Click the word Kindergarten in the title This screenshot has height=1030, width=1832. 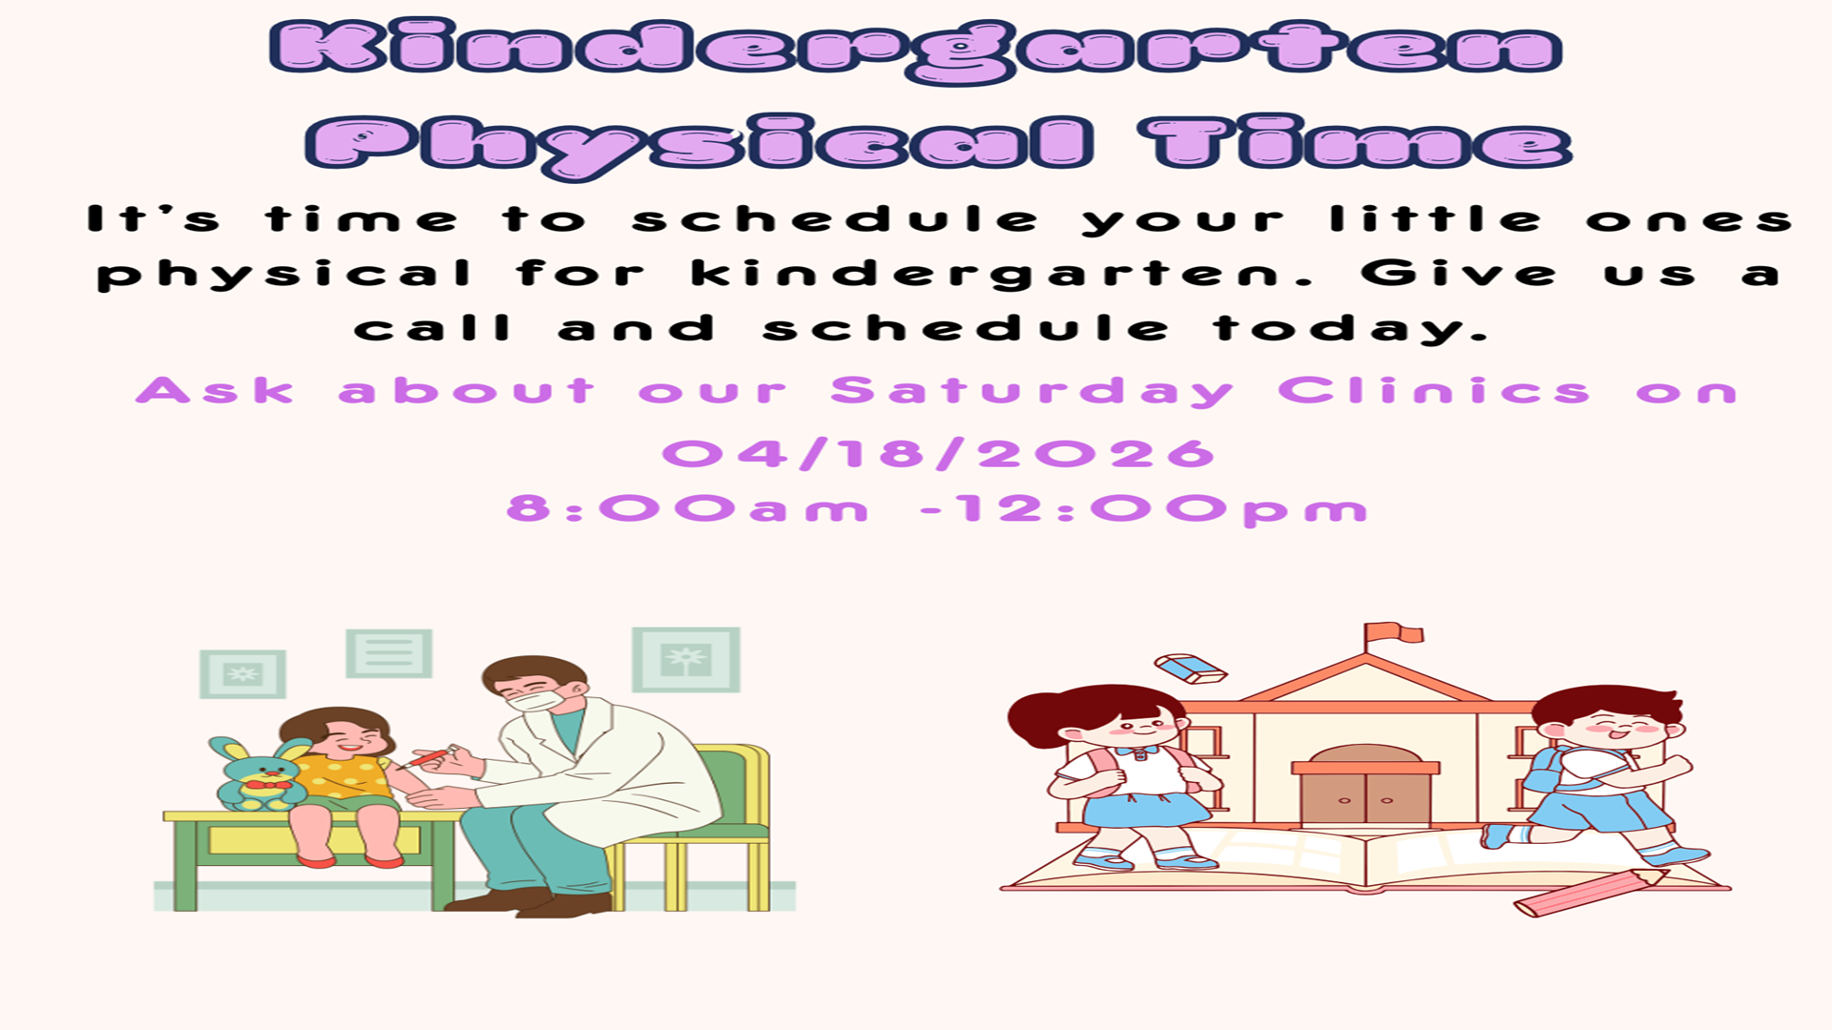coord(916,51)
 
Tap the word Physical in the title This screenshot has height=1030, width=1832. coord(699,146)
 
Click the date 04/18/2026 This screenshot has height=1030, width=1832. coord(939,454)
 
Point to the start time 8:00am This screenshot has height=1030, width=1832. coord(687,508)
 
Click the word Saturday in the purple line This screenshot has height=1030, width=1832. coord(1031,392)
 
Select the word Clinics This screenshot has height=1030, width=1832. coord(1433,390)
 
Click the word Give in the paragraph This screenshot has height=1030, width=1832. coord(1459,274)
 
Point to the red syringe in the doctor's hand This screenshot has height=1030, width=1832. coord(427,757)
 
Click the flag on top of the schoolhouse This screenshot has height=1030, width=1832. coord(1393,632)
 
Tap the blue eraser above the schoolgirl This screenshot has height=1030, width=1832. coord(1191,668)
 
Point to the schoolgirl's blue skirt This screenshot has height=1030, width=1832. coord(1145,810)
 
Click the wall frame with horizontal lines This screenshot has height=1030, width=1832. coord(388,653)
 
